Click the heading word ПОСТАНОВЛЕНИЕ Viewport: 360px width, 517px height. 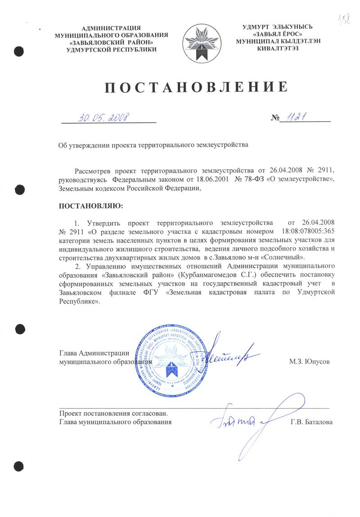pyautogui.click(x=196, y=87)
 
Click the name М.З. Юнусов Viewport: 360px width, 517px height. pyautogui.click(x=310, y=361)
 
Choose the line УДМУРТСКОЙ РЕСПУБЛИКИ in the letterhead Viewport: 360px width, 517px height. pyautogui.click(x=111, y=49)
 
